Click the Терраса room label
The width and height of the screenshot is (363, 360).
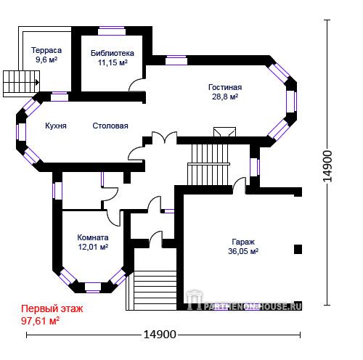[46, 50]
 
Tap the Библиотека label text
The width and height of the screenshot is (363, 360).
[113, 53]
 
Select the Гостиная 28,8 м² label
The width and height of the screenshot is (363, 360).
[225, 92]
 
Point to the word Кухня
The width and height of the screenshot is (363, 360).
[56, 126]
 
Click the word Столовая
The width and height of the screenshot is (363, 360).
[110, 126]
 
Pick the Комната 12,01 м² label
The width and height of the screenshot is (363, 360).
[93, 242]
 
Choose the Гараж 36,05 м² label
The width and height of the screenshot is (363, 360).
[243, 247]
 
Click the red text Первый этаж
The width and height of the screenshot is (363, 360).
[52, 308]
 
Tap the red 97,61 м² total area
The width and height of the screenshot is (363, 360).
[40, 321]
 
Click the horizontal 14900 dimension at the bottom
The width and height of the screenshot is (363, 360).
[160, 335]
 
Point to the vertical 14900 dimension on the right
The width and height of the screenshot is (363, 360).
[327, 166]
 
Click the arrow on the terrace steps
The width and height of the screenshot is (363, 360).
[37, 83]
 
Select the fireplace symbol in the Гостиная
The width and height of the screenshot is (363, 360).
[224, 132]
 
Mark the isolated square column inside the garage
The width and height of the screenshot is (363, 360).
[298, 249]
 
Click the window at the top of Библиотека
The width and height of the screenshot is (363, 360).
[112, 30]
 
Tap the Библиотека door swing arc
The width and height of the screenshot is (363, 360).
[136, 85]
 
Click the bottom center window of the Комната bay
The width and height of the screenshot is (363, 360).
[93, 287]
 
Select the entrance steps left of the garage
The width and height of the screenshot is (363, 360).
[151, 290]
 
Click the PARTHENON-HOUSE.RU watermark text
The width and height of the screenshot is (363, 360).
[253, 307]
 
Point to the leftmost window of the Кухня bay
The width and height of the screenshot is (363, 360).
[21, 132]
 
